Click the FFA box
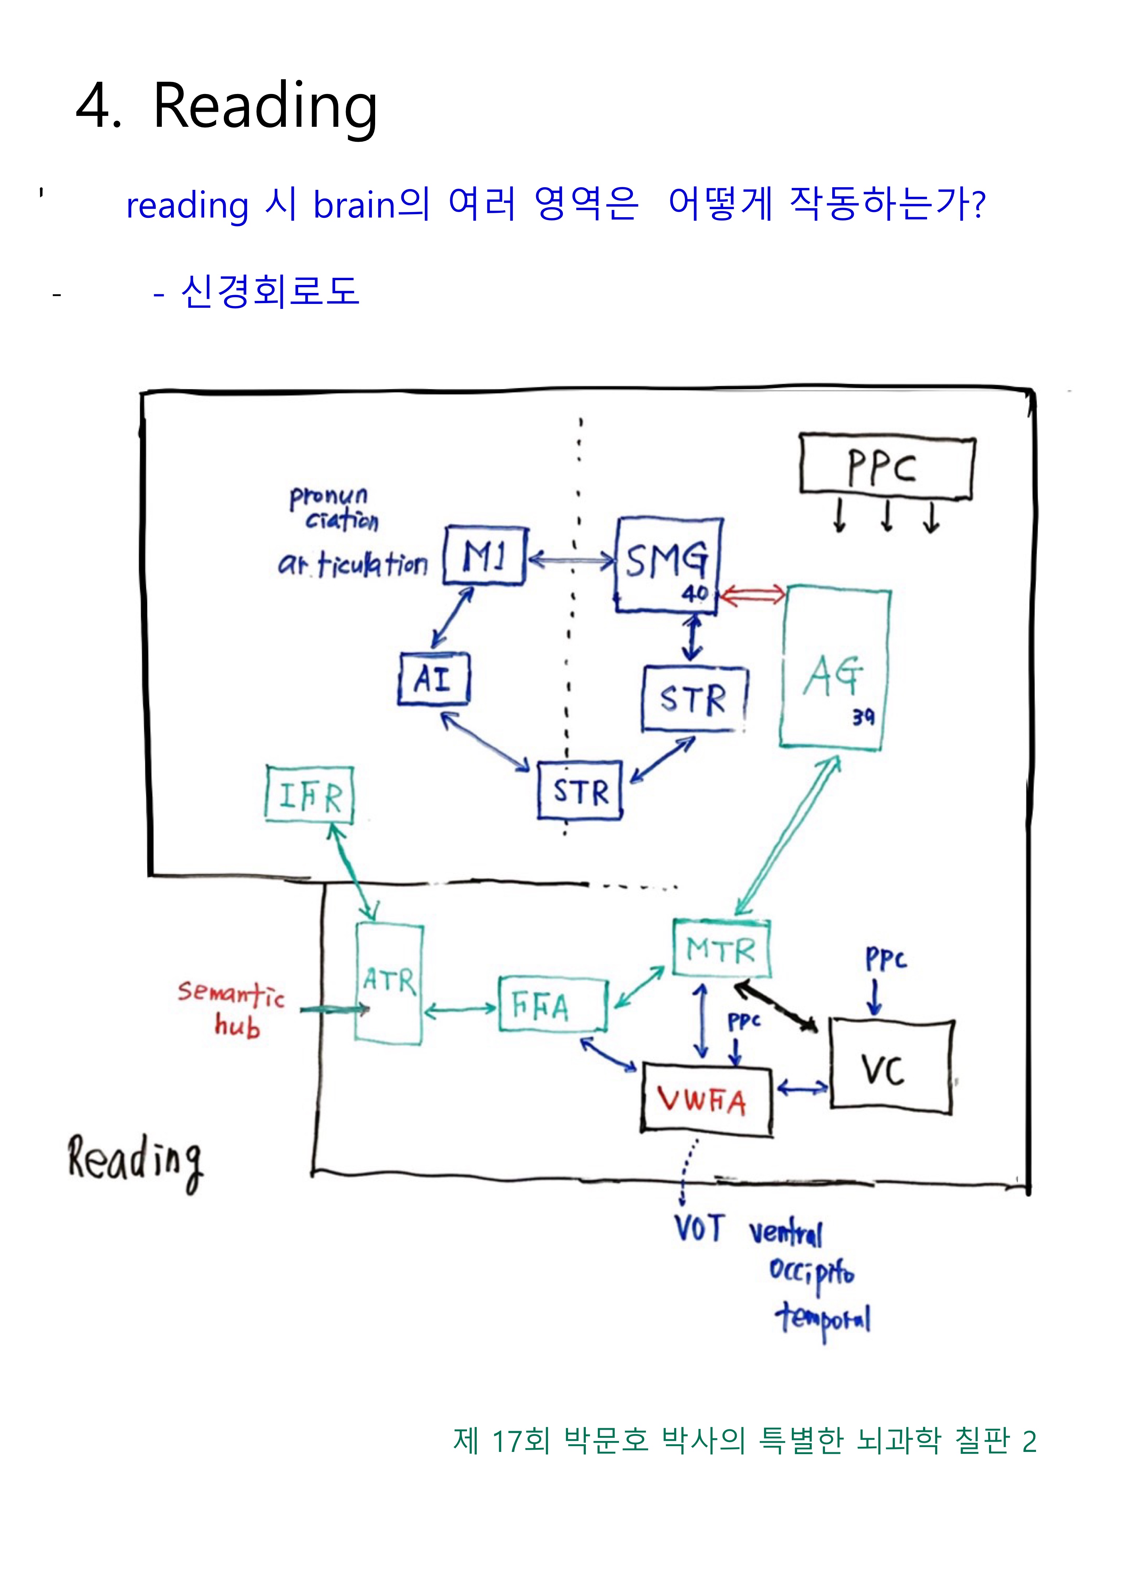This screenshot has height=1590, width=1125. (553, 1006)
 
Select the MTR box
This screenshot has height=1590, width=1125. (721, 949)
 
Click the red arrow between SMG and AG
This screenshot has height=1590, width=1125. (752, 594)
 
